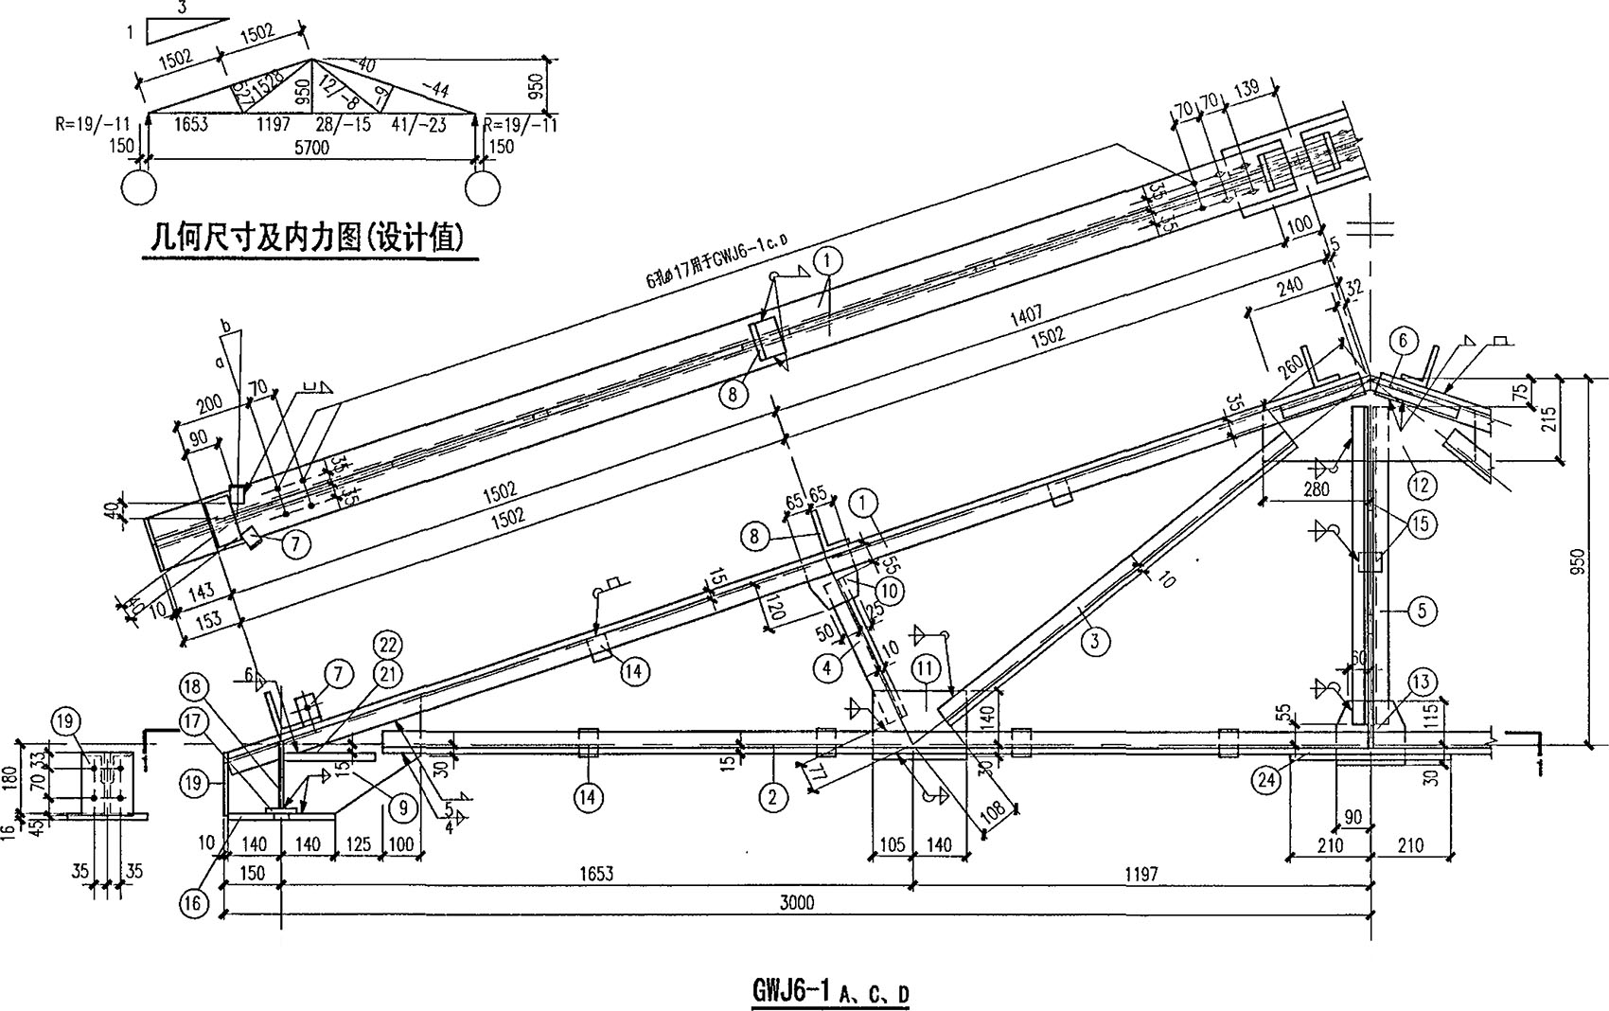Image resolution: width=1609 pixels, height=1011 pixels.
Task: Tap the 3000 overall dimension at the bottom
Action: [796, 902]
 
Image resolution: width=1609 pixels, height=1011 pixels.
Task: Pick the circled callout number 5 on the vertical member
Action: [1423, 611]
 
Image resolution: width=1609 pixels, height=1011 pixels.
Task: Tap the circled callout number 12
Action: [1422, 486]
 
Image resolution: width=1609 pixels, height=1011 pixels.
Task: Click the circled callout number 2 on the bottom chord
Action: [773, 797]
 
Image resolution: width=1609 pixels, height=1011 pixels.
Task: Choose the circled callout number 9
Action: [402, 807]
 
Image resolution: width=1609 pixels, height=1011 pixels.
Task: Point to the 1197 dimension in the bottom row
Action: [1141, 874]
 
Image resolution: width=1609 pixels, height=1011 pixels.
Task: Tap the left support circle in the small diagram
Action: [138, 187]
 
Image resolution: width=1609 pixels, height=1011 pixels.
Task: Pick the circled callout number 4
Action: [826, 667]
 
